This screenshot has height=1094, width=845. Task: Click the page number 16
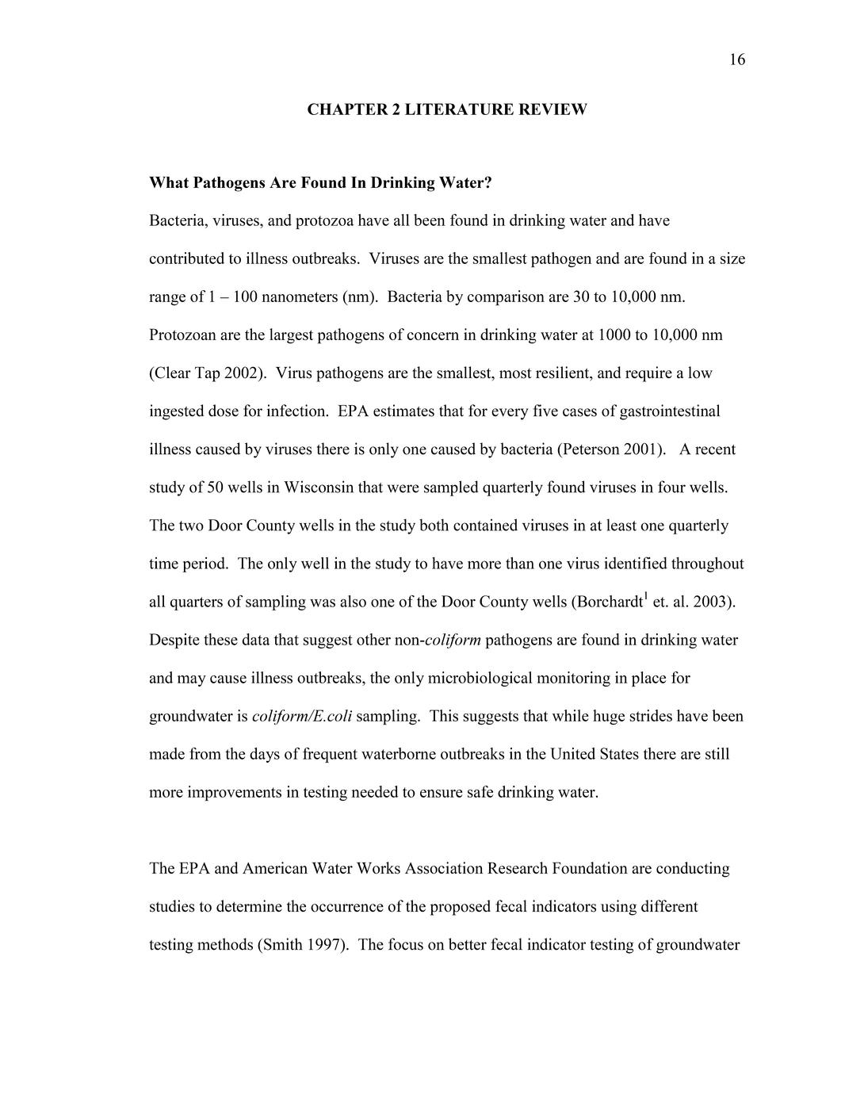pyautogui.click(x=736, y=60)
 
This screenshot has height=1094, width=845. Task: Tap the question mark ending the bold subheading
pyautogui.click(x=488, y=183)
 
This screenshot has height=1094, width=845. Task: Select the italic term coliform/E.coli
pyautogui.click(x=302, y=717)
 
